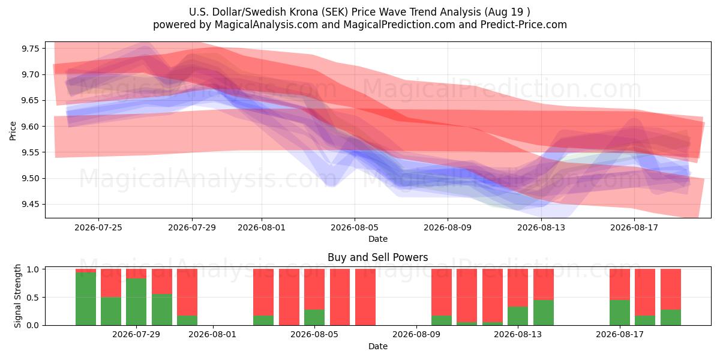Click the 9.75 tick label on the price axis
30,49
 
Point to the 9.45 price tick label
30,205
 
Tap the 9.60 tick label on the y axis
30,127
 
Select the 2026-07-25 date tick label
98,227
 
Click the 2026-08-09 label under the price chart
448,227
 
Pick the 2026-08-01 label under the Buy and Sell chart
212,334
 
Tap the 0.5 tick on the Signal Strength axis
32,298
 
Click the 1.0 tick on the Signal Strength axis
32,269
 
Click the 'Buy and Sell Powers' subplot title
377,257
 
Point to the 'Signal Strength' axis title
17,296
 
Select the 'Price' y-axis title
13,131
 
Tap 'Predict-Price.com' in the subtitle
524,25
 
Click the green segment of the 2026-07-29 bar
136,302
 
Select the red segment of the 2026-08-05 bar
314,289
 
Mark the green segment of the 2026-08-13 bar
518,316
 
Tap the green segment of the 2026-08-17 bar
620,313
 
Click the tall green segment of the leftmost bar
85,299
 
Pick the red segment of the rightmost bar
671,289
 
